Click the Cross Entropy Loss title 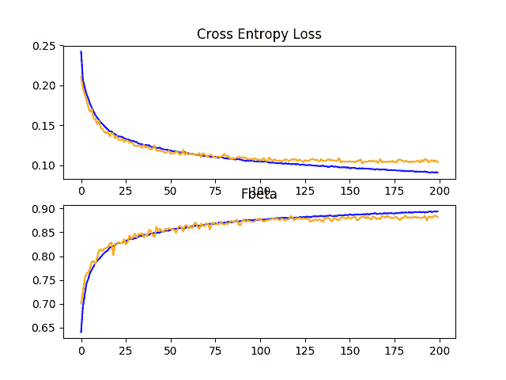coord(259,34)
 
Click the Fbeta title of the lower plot coord(259,194)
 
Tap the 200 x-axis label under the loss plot coord(440,191)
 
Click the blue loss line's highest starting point coord(81,52)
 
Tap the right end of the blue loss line coord(438,173)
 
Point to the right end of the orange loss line coord(438,161)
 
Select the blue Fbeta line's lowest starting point coord(81,332)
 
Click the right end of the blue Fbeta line coord(438,211)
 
